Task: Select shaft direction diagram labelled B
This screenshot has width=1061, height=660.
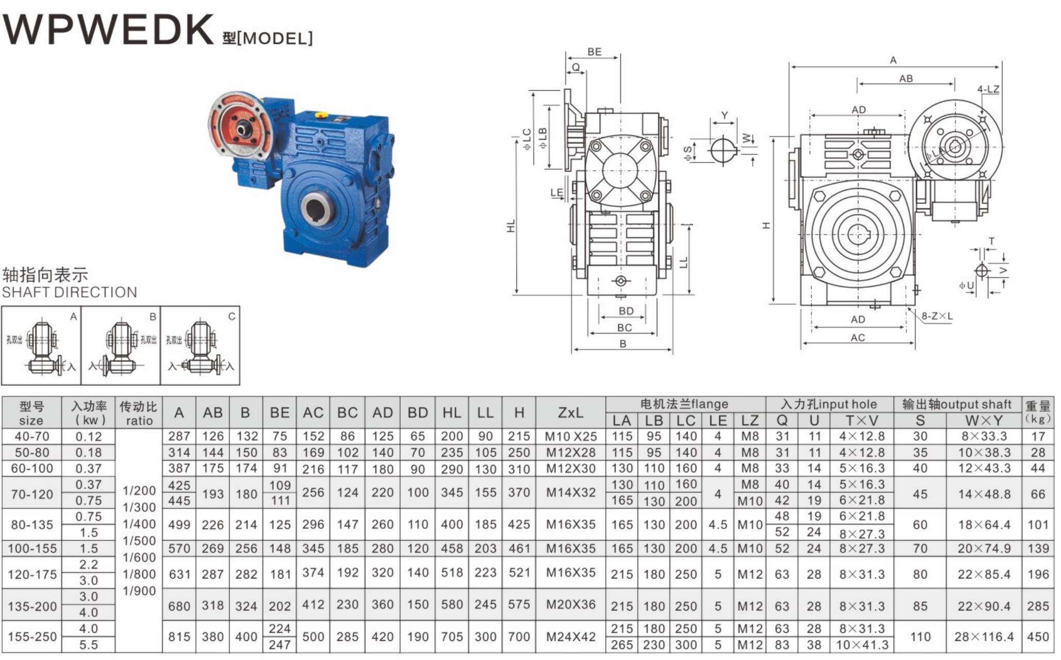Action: [x=121, y=345]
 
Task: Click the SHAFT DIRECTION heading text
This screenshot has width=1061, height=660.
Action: [x=70, y=292]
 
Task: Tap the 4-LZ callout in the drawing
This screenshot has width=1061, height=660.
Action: [x=988, y=89]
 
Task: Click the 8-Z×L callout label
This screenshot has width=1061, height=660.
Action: [x=937, y=316]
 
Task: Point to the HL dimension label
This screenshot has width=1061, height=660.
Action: [x=511, y=226]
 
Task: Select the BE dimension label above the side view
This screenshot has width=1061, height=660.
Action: [x=594, y=52]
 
